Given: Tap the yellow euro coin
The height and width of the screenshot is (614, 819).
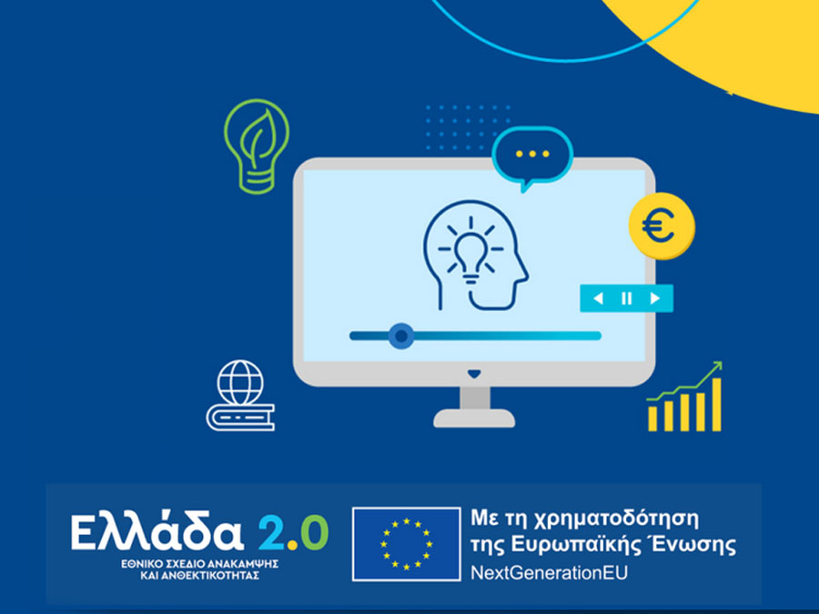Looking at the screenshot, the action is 662,226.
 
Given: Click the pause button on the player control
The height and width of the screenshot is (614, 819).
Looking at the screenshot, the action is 626,298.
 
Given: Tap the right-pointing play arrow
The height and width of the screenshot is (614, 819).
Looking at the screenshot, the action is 654,298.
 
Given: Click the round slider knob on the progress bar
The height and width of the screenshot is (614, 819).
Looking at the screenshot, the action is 401,336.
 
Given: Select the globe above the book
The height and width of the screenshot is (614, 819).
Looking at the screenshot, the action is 240,383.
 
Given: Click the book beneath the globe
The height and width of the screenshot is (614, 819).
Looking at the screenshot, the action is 241,418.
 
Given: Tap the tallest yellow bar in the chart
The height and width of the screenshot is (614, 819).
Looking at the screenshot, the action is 717,405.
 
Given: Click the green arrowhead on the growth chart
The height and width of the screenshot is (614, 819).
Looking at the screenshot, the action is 716,366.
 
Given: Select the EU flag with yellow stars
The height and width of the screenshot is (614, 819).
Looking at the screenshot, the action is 407,544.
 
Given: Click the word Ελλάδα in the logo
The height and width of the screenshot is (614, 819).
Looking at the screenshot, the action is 157,531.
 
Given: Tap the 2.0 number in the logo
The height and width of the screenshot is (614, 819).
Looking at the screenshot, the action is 294,533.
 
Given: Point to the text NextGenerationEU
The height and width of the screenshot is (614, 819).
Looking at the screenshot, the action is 549,573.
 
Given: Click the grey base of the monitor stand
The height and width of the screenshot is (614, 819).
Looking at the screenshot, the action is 474,418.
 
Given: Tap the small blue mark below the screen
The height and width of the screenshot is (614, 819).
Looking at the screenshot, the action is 474,374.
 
